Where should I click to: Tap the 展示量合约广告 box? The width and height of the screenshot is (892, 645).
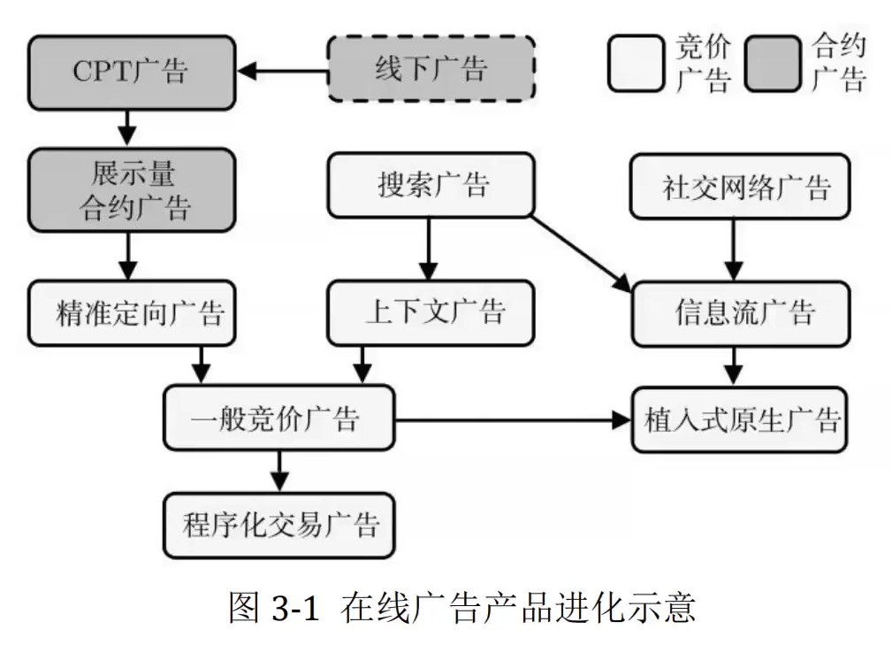pyautogui.click(x=131, y=190)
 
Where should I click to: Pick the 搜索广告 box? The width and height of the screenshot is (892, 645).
pyautogui.click(x=431, y=185)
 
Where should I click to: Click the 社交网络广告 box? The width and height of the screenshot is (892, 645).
pyautogui.click(x=739, y=187)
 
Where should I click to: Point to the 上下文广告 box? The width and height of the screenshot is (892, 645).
pyautogui.click(x=431, y=312)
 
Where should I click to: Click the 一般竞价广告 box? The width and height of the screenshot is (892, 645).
pyautogui.click(x=278, y=418)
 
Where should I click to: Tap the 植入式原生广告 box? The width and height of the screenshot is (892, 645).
pyautogui.click(x=739, y=419)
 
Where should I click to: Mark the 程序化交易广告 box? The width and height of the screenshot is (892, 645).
pyautogui.click(x=278, y=525)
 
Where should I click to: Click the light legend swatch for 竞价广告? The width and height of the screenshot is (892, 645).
pyautogui.click(x=635, y=63)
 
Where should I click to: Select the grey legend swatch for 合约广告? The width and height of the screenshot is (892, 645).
pyautogui.click(x=772, y=63)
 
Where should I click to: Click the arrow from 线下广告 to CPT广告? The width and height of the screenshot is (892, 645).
pyautogui.click(x=283, y=70)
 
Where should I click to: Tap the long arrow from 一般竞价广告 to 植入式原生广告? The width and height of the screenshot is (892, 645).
pyautogui.click(x=513, y=419)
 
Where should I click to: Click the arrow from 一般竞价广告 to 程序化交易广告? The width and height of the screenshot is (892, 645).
pyautogui.click(x=279, y=470)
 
